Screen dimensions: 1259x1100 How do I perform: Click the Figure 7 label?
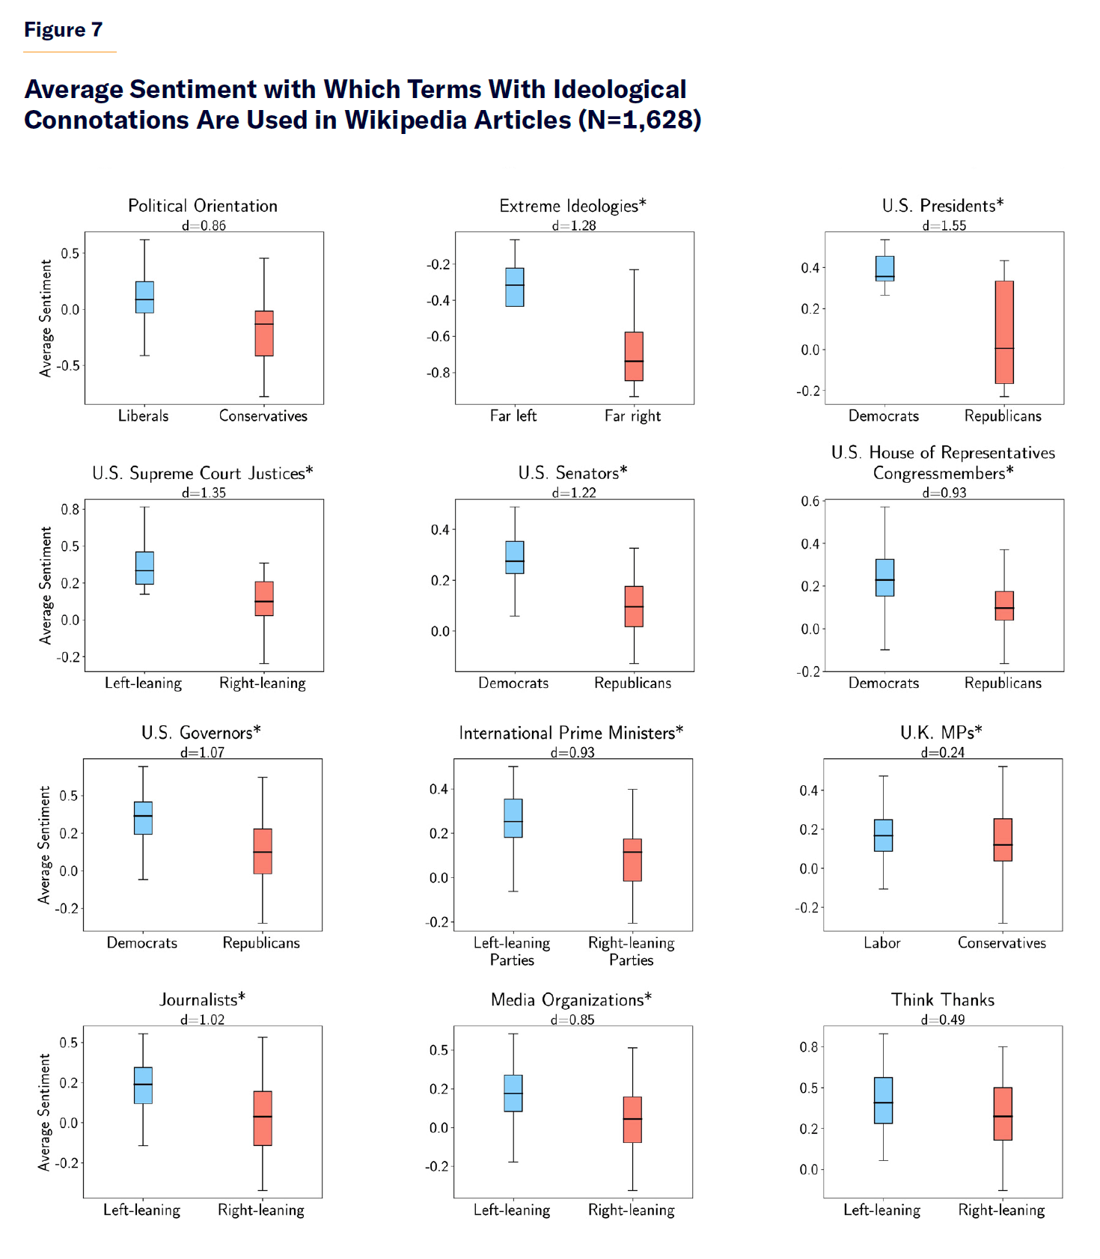(63, 30)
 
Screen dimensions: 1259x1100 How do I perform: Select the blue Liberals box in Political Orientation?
(144, 296)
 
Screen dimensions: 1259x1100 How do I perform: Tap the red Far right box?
(634, 356)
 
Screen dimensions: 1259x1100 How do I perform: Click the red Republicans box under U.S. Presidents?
(1004, 332)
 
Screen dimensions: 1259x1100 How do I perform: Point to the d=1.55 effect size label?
(944, 225)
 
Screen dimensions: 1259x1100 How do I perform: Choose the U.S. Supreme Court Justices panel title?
(203, 473)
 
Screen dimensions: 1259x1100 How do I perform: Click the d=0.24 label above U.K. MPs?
(942, 752)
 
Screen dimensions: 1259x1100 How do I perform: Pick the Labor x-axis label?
(882, 942)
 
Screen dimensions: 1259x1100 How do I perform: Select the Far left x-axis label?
(513, 415)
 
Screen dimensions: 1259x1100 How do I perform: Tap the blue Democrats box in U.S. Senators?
(515, 557)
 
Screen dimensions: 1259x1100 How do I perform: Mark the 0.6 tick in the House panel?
(810, 501)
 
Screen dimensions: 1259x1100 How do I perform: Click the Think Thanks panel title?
(943, 999)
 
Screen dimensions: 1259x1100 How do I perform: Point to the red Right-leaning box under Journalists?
(263, 1118)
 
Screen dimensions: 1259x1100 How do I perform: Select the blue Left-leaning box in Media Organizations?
(513, 1093)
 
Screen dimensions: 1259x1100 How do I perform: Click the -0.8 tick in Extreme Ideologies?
(438, 373)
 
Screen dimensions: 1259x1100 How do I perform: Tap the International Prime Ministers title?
(571, 733)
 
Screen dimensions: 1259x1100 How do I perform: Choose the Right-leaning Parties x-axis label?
(631, 951)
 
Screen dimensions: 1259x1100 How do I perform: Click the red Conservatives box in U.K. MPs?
(1003, 839)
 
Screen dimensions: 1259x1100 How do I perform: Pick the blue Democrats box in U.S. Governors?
(143, 817)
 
